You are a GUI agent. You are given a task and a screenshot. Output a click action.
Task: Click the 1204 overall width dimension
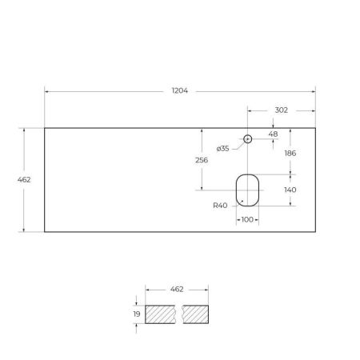(x=180, y=91)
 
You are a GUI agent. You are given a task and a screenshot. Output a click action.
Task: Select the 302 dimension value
(x=281, y=110)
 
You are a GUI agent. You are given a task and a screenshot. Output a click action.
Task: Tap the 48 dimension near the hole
(x=274, y=134)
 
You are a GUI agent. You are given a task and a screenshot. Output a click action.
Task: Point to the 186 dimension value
(x=290, y=152)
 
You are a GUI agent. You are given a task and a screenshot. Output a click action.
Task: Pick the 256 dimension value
(x=202, y=160)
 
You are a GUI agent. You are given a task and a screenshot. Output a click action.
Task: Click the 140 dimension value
(x=290, y=190)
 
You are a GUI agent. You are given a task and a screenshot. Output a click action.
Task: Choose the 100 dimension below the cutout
(x=247, y=218)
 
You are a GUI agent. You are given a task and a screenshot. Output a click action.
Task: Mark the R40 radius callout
(x=221, y=206)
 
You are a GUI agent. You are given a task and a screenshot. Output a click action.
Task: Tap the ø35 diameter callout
(x=223, y=149)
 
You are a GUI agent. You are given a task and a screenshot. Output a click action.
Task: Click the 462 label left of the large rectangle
(x=24, y=180)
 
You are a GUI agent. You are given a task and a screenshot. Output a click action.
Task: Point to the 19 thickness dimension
(x=137, y=314)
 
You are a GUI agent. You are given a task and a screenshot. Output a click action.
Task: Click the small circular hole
(x=247, y=139)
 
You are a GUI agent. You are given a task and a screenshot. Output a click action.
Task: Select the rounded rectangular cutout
(x=247, y=189)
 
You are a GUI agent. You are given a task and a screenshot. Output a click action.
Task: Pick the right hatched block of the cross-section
(x=196, y=314)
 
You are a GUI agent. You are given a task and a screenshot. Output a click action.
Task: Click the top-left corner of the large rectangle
(x=44, y=127)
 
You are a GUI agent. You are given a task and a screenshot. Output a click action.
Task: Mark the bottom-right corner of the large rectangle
(x=316, y=232)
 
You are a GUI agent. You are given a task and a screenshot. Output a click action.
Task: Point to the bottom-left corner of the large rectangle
(x=44, y=232)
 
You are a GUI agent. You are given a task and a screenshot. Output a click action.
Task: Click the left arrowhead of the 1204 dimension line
(x=46, y=91)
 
